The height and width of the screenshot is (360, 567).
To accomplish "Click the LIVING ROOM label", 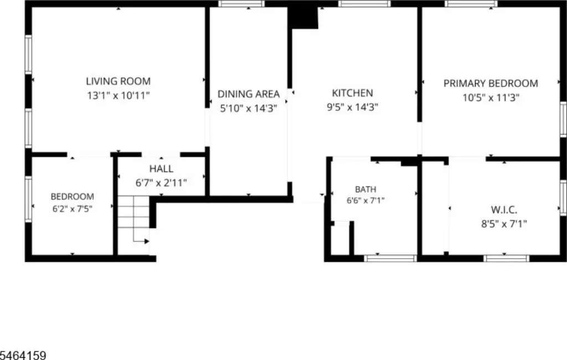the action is [118, 81].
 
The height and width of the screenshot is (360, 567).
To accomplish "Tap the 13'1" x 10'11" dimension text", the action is [118, 95].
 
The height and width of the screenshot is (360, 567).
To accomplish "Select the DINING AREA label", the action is [249, 94].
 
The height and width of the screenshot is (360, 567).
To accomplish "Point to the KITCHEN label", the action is [353, 93].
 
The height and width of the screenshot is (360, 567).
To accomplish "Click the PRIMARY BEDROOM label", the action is [491, 83].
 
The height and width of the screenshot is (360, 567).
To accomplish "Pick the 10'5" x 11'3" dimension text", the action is [491, 97].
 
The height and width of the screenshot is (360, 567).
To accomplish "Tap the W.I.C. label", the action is [504, 209].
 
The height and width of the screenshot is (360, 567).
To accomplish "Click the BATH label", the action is [365, 189].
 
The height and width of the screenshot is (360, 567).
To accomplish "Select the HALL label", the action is [161, 168].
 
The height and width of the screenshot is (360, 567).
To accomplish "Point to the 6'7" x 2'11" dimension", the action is [161, 183].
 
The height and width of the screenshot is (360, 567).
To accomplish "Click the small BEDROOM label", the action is [73, 197].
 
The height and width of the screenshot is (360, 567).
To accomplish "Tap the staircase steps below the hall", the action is [133, 212].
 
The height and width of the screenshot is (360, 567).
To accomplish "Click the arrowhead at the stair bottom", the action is [147, 241].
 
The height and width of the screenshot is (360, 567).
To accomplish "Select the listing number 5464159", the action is [23, 355].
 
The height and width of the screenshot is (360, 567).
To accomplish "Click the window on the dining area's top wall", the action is [241, 4].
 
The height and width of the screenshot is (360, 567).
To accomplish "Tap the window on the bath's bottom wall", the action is [390, 258].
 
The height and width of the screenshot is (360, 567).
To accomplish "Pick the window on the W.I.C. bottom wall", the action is [506, 258].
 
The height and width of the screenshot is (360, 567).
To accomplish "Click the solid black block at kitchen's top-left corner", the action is [303, 17].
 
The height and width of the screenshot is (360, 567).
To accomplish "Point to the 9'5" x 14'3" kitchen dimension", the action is [353, 107].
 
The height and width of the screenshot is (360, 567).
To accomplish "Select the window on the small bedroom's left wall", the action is [28, 199].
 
